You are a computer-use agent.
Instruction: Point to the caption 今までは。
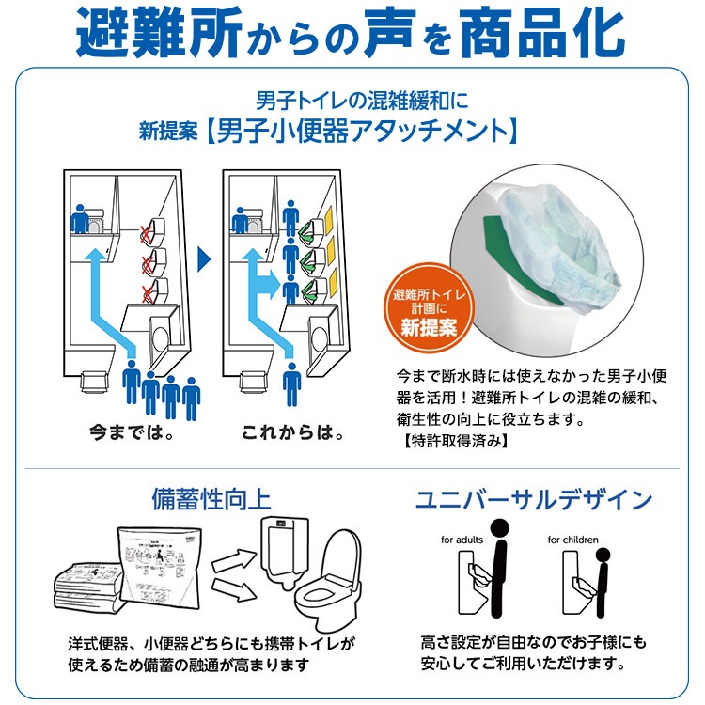[x=132, y=434]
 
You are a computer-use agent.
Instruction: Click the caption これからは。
[x=291, y=434]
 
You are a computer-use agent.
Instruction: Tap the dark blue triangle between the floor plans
[x=203, y=257]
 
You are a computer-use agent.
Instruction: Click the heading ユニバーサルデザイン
[x=534, y=499]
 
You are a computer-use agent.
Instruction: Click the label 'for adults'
[x=461, y=540]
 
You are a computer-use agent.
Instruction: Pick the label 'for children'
[x=572, y=540]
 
